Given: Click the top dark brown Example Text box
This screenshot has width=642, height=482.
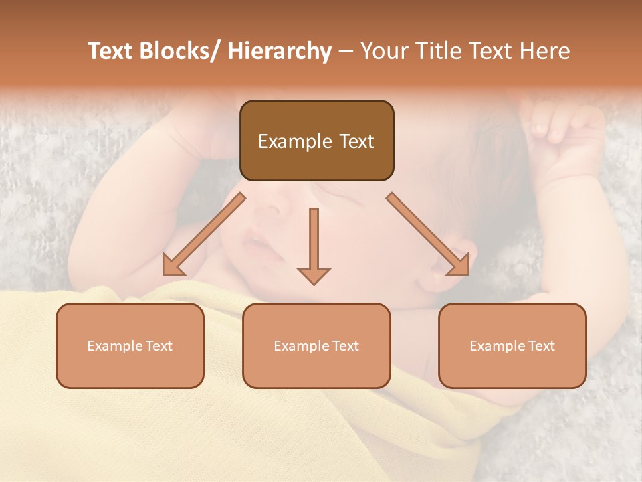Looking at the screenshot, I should click(316, 141).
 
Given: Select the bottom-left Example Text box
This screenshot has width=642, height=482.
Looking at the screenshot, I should click(130, 345).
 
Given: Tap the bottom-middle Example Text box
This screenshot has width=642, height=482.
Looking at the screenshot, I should click(316, 345).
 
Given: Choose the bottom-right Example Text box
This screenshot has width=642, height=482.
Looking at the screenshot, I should click(512, 345).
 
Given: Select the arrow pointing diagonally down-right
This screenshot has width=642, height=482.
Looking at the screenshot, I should click(429, 235).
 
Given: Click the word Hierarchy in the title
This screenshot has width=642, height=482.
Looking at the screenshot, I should click(280, 51).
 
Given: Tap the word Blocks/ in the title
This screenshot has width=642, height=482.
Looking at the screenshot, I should click(177, 51).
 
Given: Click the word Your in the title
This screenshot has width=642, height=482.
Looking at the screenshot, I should click(385, 51).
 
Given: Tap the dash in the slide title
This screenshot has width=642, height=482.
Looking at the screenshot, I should click(346, 51).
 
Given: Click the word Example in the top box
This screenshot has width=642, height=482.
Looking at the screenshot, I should click(295, 141).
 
